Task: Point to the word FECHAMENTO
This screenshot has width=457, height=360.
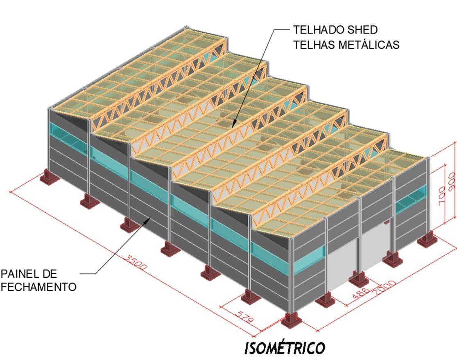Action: tap(38, 287)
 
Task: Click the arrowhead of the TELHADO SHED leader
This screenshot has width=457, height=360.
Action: tap(234, 124)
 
